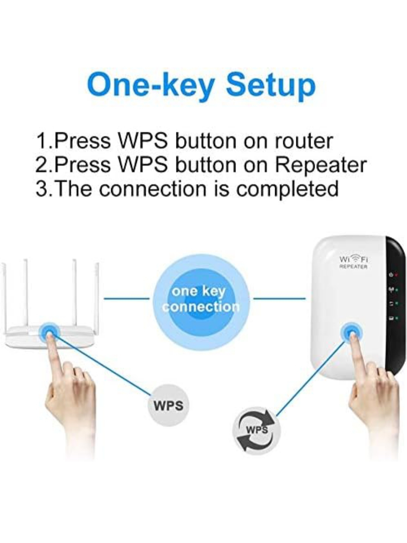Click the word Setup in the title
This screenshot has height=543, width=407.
coord(270,85)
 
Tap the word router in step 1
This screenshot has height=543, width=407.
coord(303,141)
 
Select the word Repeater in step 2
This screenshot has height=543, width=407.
coord(320,165)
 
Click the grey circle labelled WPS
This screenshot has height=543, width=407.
coord(168,405)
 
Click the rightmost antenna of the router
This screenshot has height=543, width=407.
coord(96,294)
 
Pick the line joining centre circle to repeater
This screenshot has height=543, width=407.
coord(279,299)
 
